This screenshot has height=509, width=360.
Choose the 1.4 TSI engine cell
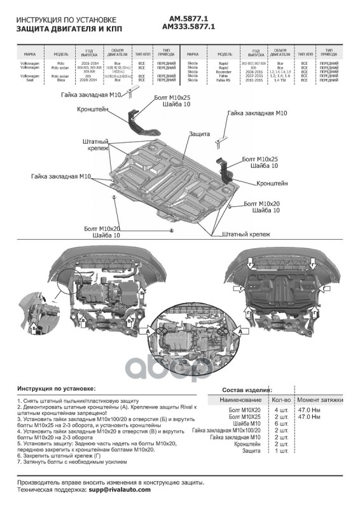pyautogui.click(x=279, y=81)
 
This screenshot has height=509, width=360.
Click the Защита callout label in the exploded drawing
pyautogui.click(x=199, y=134)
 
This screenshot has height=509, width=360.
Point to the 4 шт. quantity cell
pyautogui.click(x=280, y=410)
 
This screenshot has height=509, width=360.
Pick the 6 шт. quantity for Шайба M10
pyautogui.click(x=280, y=424)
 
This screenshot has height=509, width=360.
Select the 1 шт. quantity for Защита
pyautogui.click(x=280, y=450)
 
